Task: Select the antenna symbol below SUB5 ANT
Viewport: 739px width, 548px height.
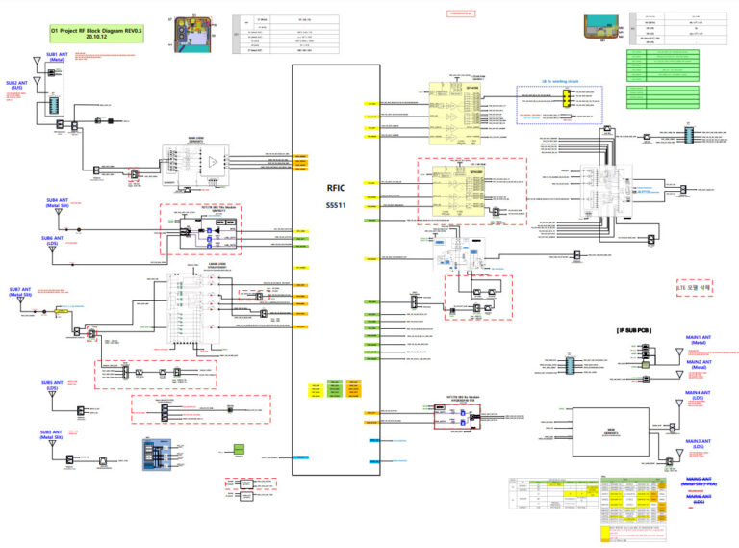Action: [54, 407]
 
